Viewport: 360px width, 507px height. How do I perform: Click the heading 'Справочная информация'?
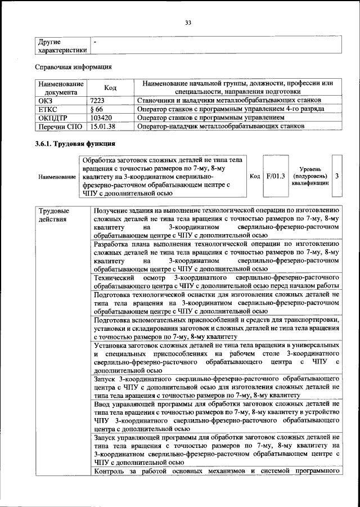pos(70,68)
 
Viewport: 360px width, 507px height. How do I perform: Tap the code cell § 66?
pos(96,109)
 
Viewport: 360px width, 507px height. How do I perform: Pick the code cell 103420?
pos(101,118)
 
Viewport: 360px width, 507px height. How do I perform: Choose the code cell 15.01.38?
pos(103,127)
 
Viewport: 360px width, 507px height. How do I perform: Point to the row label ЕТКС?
pos(49,109)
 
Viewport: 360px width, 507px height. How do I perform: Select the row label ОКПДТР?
pos(53,118)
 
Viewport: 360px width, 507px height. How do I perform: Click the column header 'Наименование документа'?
pos(60,88)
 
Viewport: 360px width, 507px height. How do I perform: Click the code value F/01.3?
pos(276,176)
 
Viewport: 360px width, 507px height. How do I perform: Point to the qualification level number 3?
pos(336,176)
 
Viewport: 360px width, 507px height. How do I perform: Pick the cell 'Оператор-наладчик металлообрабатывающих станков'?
pos(221,127)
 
